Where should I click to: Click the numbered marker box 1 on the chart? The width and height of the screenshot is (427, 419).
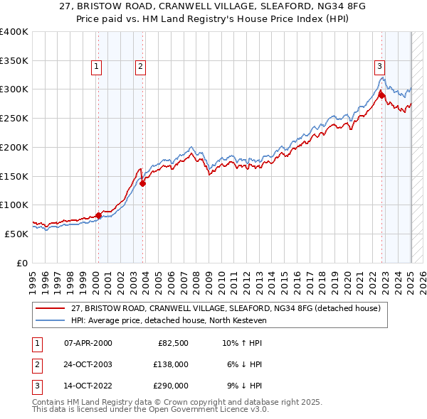coord(96,67)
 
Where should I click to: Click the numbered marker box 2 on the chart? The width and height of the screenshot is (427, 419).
coord(141,67)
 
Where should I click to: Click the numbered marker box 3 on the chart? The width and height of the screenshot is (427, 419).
coord(380,67)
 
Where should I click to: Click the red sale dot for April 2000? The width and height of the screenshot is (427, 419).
coord(98,215)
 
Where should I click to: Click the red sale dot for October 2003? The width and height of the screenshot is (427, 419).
coord(143,183)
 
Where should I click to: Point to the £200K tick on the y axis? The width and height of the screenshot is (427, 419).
coord(14,147)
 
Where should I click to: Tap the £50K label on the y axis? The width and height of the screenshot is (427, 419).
coord(16,234)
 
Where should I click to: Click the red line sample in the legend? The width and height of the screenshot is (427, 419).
coord(51,308)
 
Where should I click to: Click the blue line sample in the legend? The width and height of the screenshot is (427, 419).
coord(51,320)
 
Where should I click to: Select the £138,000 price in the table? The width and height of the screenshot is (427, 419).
coord(171,364)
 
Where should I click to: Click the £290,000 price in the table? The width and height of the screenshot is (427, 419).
coord(171,386)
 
